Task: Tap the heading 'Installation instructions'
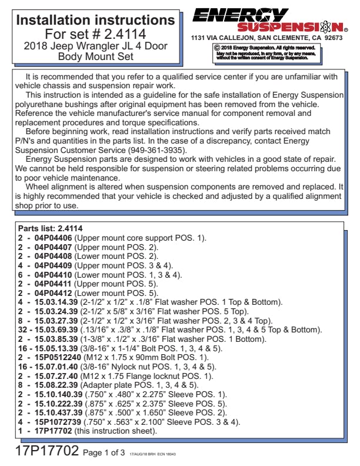coord(96,20)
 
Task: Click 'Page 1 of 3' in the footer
coord(104,454)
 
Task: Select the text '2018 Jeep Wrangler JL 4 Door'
coord(96,46)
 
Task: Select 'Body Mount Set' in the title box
coord(96,56)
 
